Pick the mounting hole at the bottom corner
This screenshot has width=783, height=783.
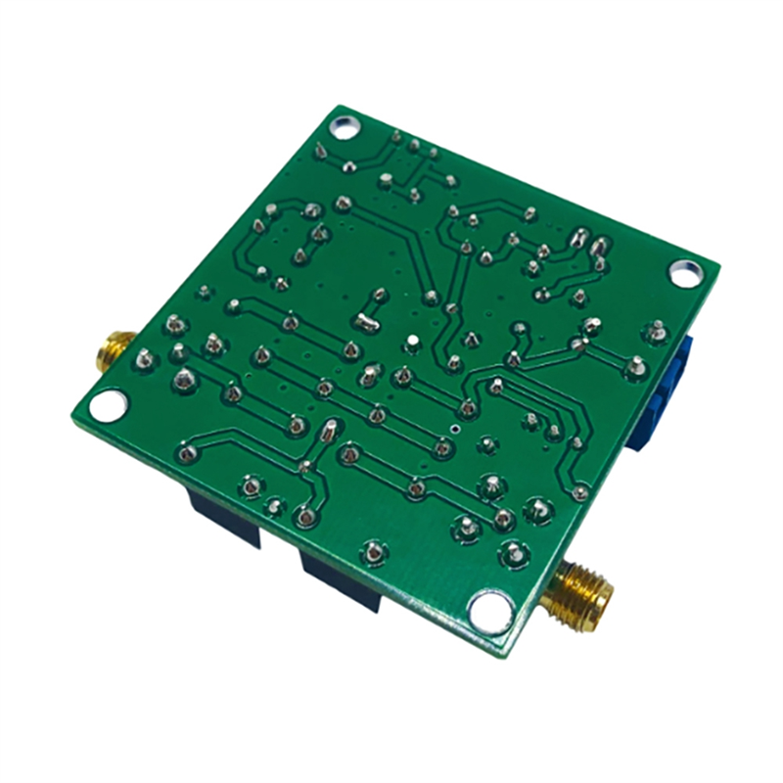tap(489, 610)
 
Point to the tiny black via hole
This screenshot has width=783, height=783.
tap(457, 428)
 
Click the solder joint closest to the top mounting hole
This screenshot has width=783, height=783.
tap(323, 149)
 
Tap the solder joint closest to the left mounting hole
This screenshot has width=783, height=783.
tap(145, 357)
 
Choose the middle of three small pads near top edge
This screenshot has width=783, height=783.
tap(415, 146)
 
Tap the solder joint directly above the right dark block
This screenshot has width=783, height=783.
tap(373, 550)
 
